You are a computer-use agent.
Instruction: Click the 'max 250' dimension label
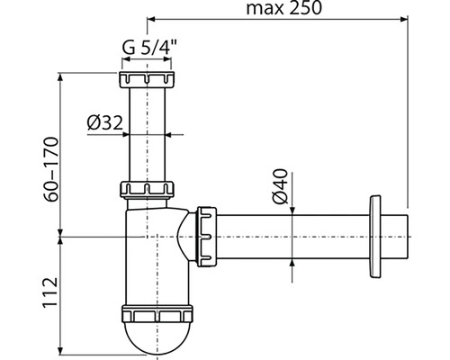(x=283, y=8)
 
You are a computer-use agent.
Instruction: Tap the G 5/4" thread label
(x=149, y=47)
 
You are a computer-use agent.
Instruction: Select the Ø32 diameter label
(x=105, y=123)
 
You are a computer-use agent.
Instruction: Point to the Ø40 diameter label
(x=280, y=186)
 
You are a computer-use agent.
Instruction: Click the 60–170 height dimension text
(x=50, y=169)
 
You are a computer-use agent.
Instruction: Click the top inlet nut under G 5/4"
(x=147, y=79)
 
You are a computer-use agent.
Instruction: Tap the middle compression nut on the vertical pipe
(x=147, y=189)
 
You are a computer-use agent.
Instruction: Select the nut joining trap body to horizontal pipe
(x=206, y=237)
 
